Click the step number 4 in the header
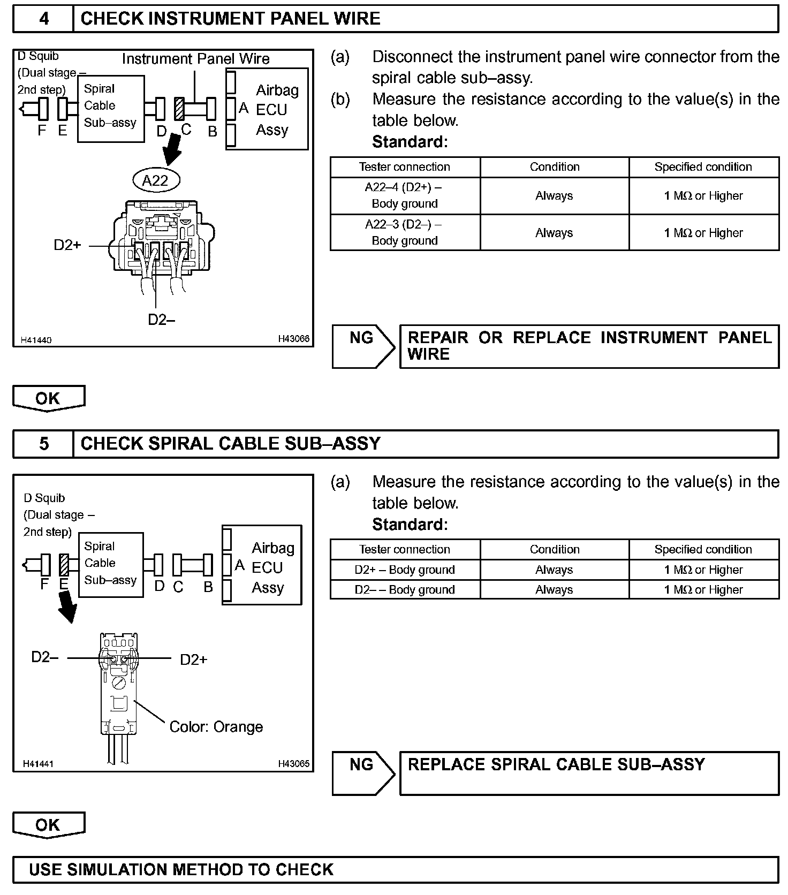click(43, 19)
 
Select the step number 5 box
click(43, 444)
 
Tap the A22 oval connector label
click(156, 180)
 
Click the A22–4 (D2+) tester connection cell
click(405, 195)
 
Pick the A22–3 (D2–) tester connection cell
click(405, 232)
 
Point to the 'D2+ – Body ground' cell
click(405, 570)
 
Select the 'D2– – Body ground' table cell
click(405, 589)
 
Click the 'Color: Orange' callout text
click(216, 726)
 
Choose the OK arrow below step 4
click(49, 398)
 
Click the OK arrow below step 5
click(49, 824)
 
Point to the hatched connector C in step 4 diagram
click(180, 109)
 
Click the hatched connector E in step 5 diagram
click(64, 565)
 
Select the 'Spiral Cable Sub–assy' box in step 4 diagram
click(111, 109)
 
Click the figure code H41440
click(36, 340)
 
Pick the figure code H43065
click(293, 764)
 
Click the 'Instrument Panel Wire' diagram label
click(195, 59)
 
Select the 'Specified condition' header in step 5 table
click(703, 549)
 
